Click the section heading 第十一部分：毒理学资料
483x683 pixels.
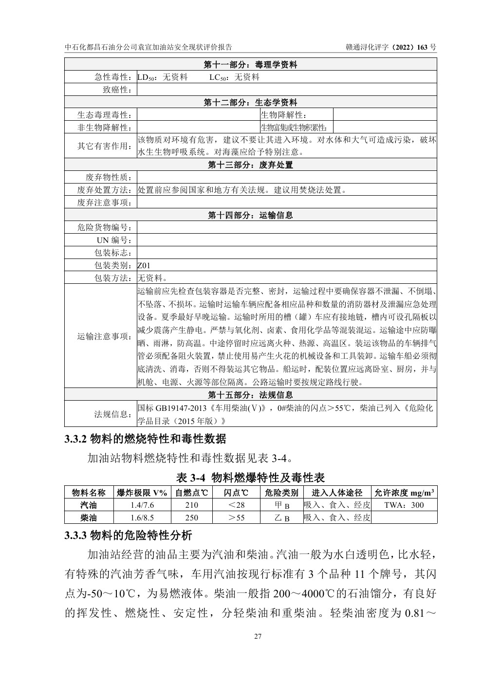coord(250,64)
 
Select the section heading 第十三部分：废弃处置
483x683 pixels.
coord(250,165)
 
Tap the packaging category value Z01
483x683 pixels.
coord(144,265)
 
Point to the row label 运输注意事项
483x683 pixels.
coord(105,336)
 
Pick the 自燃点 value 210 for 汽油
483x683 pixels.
coord(192,505)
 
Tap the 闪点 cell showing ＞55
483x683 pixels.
coord(236,517)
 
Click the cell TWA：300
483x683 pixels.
coord(404,505)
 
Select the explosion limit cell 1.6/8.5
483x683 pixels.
coord(142,517)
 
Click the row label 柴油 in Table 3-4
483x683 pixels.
coord(89,517)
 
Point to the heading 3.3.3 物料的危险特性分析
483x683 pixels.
coord(129,536)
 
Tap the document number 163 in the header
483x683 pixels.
coord(423,47)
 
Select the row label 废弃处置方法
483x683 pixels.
coord(105,190)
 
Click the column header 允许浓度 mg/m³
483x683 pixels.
coord(404,492)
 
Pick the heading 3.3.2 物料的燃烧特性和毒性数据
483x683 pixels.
coord(145,439)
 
